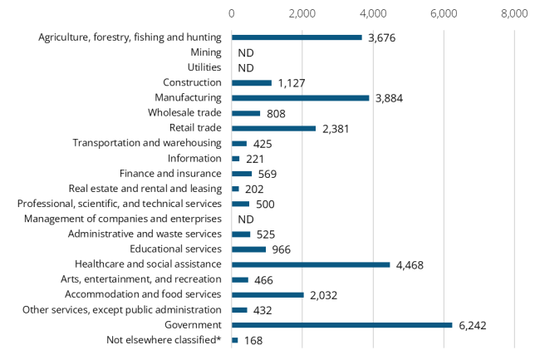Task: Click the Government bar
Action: pos(341,325)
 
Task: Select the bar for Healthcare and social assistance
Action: pos(310,264)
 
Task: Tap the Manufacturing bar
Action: pos(300,98)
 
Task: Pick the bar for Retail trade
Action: pos(273,128)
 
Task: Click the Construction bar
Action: pos(252,83)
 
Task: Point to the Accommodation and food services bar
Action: pos(268,294)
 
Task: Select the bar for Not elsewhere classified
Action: pos(235,340)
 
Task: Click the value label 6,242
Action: pos(472,325)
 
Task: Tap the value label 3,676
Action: pos(381,37)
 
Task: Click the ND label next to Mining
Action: pos(245,52)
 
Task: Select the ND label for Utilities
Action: pos(245,68)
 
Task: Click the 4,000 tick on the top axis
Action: pos(373,13)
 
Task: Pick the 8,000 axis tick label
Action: pos(514,13)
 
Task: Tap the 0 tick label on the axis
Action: pos(232,13)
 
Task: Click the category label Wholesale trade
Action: pos(184,113)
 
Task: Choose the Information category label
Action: pos(194,158)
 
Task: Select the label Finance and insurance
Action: pos(170,173)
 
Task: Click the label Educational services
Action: pos(175,249)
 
